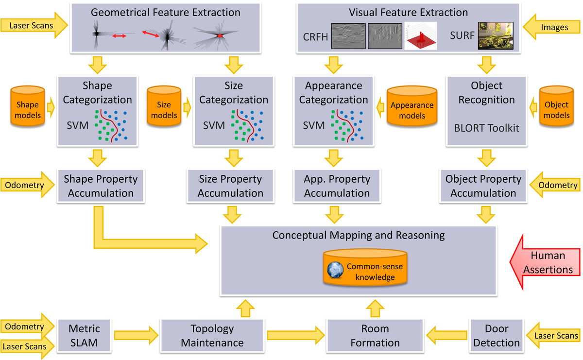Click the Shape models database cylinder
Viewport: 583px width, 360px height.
pyautogui.click(x=28, y=106)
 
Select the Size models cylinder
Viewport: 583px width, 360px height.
pyautogui.click(x=164, y=106)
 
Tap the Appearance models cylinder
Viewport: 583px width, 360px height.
pyautogui.click(x=412, y=106)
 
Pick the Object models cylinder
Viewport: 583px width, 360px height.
pyautogui.click(x=556, y=106)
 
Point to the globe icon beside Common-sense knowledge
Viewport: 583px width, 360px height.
pyautogui.click(x=335, y=270)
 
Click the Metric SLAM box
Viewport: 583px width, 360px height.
pyautogui.click(x=84, y=336)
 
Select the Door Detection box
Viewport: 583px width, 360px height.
pyautogui.click(x=497, y=336)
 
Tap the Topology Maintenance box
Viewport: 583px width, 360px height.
pyautogui.click(x=212, y=336)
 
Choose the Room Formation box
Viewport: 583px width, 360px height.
pyautogui.click(x=375, y=336)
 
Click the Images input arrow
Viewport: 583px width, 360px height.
pyautogui.click(x=552, y=27)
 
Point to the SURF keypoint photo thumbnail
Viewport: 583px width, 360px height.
pyautogui.click(x=496, y=35)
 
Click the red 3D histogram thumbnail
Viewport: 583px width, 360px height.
pyautogui.click(x=421, y=35)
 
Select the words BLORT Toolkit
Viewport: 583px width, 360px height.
pyautogui.click(x=486, y=128)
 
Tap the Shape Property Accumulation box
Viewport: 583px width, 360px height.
pyautogui.click(x=101, y=186)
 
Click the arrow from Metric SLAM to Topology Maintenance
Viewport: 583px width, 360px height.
pyautogui.click(x=136, y=336)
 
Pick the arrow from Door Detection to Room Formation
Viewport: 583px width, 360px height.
pyautogui.click(x=446, y=336)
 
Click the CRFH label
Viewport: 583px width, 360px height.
pyautogui.click(x=315, y=37)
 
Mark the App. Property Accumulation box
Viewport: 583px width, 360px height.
pyautogui.click(x=337, y=186)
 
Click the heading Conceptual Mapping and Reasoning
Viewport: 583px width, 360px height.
pyautogui.click(x=359, y=235)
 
